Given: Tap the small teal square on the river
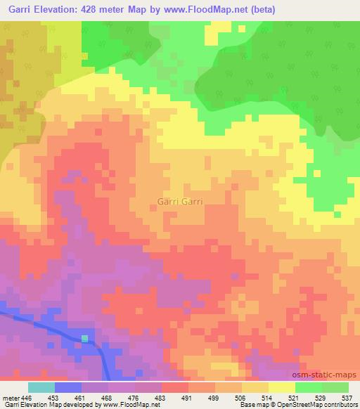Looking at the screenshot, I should [x=84, y=339].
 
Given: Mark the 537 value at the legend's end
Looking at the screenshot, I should [x=347, y=397].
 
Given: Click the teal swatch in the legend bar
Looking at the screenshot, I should [x=41, y=387].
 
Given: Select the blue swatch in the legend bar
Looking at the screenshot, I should [x=68, y=387].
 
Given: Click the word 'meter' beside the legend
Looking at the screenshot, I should [x=11, y=397].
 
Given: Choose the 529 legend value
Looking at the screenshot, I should [x=321, y=397].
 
